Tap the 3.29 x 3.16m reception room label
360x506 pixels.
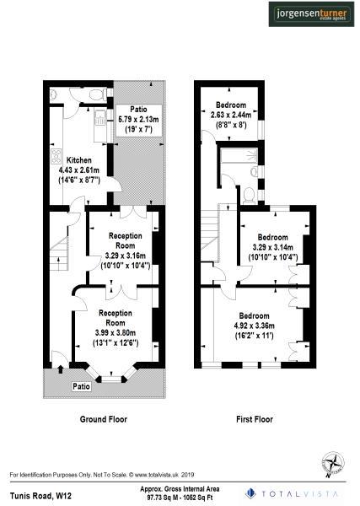click(x=123, y=256)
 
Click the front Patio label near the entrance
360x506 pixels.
click(x=81, y=386)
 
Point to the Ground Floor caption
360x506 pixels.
click(x=103, y=419)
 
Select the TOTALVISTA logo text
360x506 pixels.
click(x=298, y=493)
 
